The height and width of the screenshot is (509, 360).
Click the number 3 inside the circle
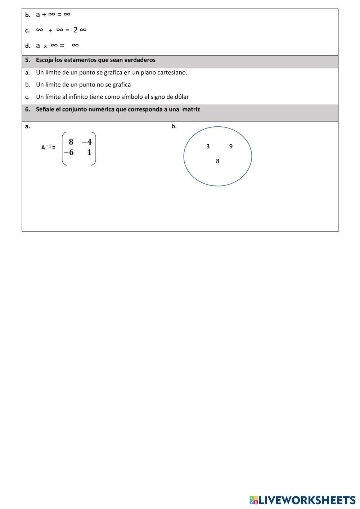coord(208,146)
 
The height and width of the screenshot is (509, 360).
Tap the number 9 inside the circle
coord(231,146)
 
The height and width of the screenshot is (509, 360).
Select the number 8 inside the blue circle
coord(217,161)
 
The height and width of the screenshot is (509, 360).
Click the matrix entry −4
coord(87,142)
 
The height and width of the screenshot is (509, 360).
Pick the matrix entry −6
coord(68,152)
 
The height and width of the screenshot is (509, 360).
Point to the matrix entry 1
coord(89,152)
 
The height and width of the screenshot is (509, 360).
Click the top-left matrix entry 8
coord(71,142)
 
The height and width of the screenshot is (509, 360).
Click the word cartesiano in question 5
coord(172,72)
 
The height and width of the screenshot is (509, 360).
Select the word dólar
coord(181,97)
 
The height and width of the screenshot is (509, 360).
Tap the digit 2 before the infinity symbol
coord(76,30)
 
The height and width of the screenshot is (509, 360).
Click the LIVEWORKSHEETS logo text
coord(307,500)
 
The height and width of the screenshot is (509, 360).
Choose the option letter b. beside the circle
coord(174,126)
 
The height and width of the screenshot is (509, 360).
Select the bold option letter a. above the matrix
coord(27,126)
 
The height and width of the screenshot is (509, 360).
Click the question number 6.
coord(27,109)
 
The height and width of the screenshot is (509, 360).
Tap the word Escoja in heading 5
coord(44,60)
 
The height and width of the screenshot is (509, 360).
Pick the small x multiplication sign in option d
coord(45,46)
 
